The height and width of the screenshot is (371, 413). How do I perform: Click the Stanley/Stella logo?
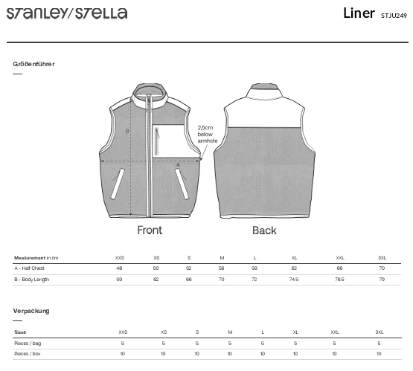(x=67, y=13)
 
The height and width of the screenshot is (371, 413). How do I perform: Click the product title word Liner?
(x=359, y=13)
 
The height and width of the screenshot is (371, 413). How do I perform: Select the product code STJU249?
(x=394, y=16)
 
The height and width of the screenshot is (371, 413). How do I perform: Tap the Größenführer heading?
(x=33, y=64)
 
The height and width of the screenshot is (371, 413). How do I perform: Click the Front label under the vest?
(x=150, y=230)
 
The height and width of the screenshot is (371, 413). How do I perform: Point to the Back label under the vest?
(x=264, y=230)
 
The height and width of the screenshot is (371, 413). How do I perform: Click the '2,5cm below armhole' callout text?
(x=208, y=134)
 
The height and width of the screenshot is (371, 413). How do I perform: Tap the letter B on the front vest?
(x=127, y=131)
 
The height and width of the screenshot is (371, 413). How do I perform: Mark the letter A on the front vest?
(x=178, y=165)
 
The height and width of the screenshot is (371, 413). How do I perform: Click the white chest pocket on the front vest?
(x=168, y=141)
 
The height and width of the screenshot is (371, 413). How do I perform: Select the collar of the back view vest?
(x=264, y=91)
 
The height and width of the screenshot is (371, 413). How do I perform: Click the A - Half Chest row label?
(x=29, y=268)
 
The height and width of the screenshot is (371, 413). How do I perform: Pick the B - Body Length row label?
(x=31, y=280)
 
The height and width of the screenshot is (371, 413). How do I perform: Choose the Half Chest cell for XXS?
(x=119, y=268)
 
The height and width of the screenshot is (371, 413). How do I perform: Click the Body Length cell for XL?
(x=294, y=280)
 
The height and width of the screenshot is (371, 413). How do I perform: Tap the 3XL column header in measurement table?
(x=382, y=258)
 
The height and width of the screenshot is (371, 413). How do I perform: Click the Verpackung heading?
(x=31, y=311)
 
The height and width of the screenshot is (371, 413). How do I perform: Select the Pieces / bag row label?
(x=28, y=343)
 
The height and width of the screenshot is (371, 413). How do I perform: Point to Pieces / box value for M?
(x=230, y=354)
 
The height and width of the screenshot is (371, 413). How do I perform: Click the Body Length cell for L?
(x=254, y=280)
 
